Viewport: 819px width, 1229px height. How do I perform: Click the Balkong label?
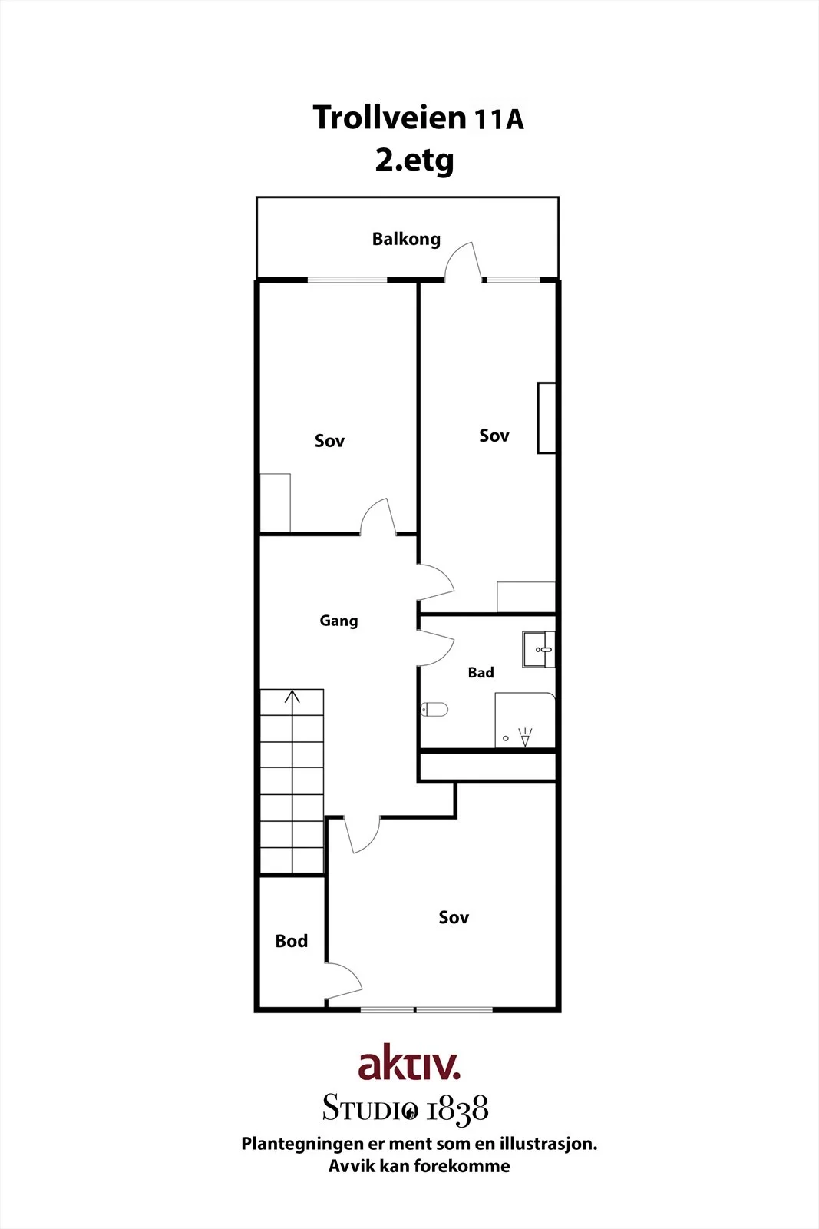coord(406,240)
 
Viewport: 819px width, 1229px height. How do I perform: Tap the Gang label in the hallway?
coord(338,621)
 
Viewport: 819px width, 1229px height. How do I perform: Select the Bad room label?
coord(481,673)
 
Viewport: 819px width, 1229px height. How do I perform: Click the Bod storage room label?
coord(292,942)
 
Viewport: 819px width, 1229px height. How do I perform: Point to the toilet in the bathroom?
coord(434,710)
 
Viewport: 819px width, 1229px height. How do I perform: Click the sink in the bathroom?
coord(538,650)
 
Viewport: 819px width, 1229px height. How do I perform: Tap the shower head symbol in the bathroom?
coord(525,737)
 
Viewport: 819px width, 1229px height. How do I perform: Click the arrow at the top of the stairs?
coord(292,697)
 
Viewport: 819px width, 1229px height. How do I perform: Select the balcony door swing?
coord(463,261)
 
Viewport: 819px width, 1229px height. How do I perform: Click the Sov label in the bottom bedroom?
coord(454,917)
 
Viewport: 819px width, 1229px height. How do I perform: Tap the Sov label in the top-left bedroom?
coord(329,441)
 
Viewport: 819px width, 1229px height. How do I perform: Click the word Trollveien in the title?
coord(389,118)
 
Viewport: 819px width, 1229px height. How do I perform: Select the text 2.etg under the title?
coord(414,161)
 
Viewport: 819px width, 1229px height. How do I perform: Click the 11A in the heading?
coord(500,120)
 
